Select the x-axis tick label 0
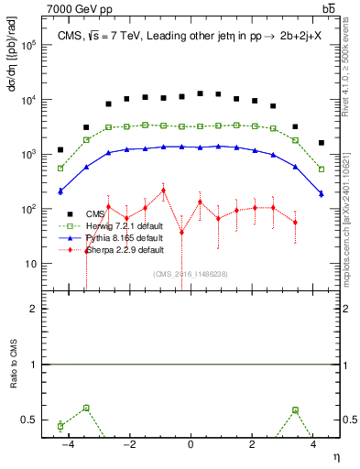point(191,445)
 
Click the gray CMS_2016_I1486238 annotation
point(190,274)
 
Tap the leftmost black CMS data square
point(60,149)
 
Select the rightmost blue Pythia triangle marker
point(321,192)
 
